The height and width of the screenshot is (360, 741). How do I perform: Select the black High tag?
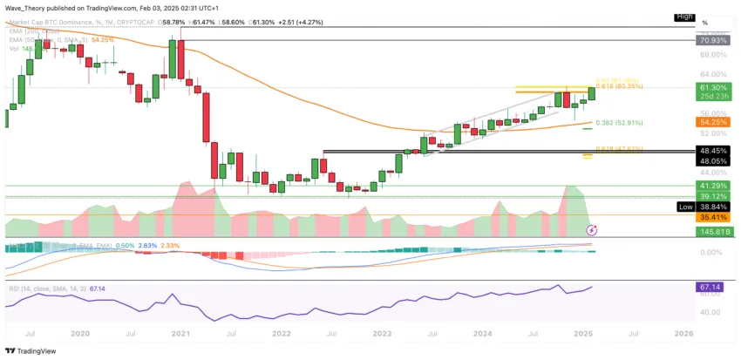(x=686, y=17)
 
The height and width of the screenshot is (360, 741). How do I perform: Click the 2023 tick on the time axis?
(x=381, y=333)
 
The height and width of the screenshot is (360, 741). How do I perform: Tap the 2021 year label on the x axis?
(x=180, y=333)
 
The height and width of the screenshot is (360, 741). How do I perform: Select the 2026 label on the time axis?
(x=683, y=333)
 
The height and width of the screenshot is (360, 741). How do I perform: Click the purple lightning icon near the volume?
(x=592, y=230)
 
